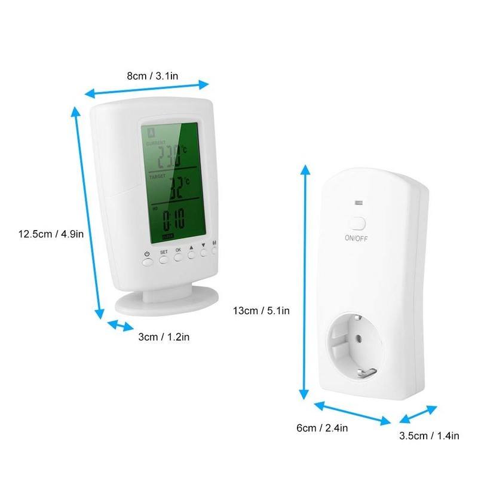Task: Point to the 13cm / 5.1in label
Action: point(261,310)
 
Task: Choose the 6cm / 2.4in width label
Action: point(322,427)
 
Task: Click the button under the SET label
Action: point(164,259)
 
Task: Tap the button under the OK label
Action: point(178,258)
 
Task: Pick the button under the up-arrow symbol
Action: point(192,255)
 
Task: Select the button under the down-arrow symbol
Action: point(204,253)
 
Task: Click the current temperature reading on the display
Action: point(169,160)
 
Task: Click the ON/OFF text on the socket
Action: point(357,238)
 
